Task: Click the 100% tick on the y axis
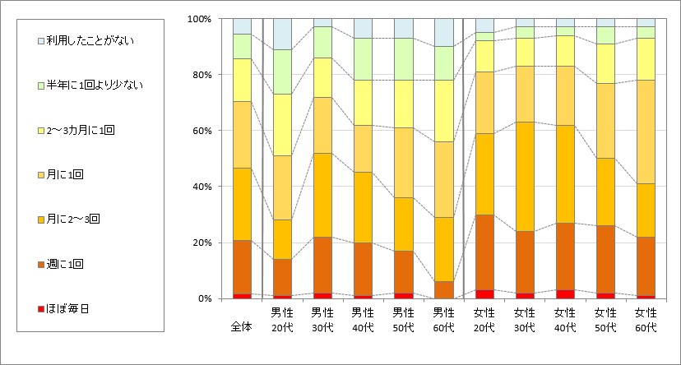(200, 19)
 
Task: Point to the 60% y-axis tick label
(202, 131)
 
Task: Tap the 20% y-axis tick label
(202, 243)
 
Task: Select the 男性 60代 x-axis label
(444, 320)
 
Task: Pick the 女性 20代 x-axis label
(484, 320)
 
